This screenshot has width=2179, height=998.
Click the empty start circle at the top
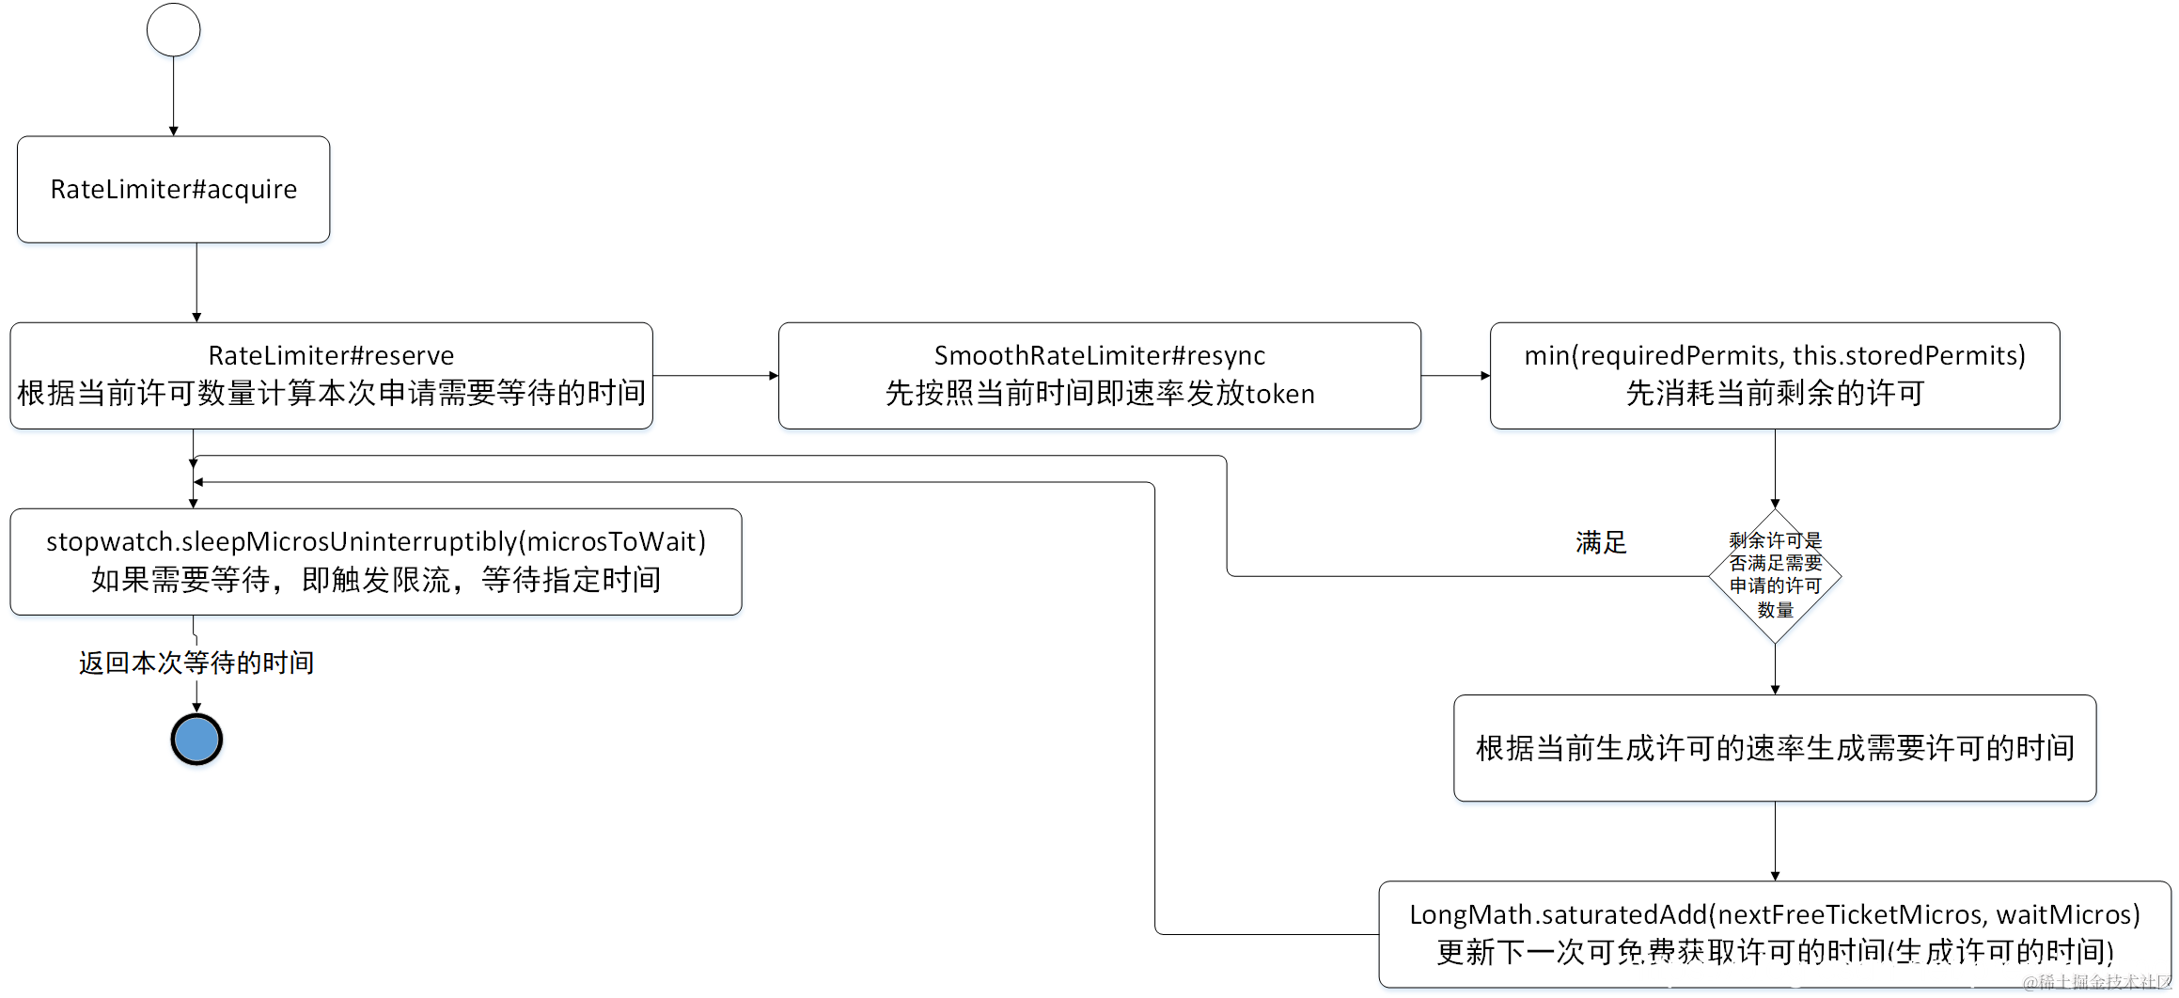[x=173, y=30]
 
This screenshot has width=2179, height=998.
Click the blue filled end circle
[x=196, y=740]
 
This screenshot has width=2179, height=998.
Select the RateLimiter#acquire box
[x=173, y=189]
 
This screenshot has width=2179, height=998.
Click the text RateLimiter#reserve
[x=331, y=356]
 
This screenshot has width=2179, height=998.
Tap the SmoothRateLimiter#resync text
[x=1099, y=356]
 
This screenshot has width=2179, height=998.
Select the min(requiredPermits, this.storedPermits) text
[x=1774, y=356]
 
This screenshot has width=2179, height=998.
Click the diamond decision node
[x=1775, y=575]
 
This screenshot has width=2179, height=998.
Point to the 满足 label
[x=1600, y=542]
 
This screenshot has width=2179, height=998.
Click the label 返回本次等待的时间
[x=196, y=663]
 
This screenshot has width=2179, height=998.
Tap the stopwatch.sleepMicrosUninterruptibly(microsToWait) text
[x=376, y=542]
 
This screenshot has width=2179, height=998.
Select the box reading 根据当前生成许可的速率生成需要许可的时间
[x=1775, y=748]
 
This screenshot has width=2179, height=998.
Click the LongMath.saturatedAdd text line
[x=1774, y=914]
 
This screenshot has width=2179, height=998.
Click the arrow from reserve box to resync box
[x=714, y=376]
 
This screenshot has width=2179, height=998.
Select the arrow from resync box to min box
[x=1455, y=376]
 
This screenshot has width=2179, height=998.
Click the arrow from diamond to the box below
[x=1775, y=669]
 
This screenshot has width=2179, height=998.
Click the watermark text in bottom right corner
[x=2096, y=982]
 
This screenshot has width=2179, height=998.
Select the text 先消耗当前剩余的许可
[x=1775, y=394]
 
